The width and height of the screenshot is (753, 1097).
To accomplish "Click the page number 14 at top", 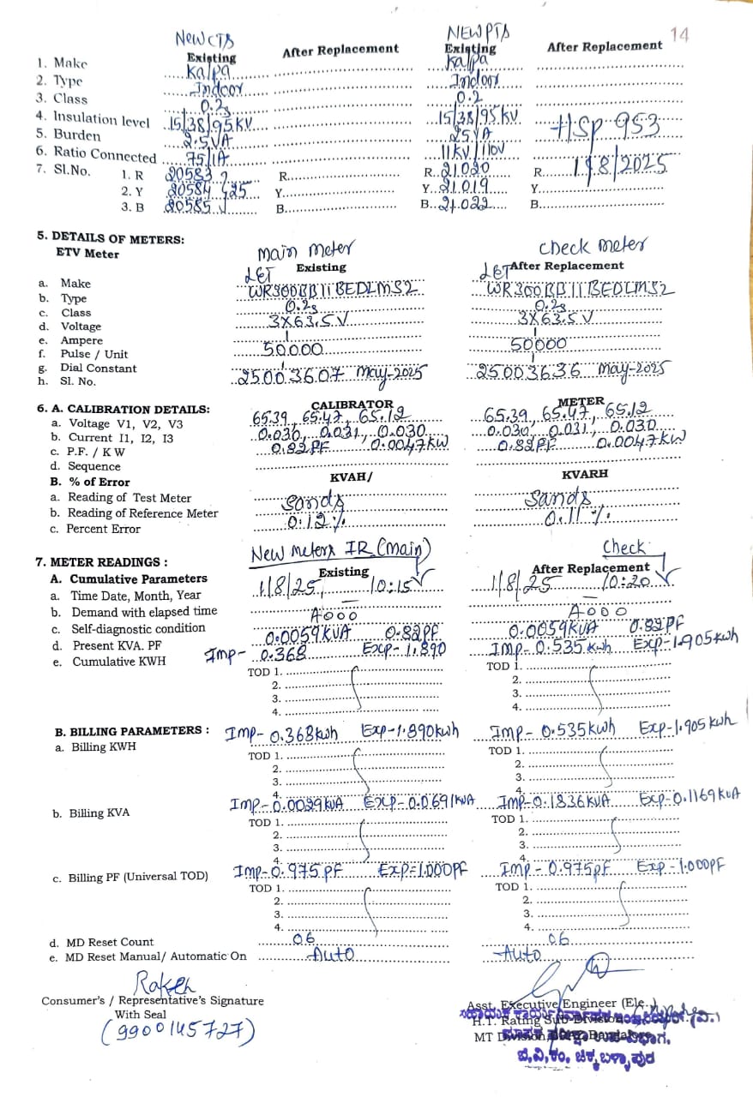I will click(679, 35).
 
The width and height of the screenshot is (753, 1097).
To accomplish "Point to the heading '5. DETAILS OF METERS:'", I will click(110, 239).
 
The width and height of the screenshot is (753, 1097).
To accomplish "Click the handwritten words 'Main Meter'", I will click(304, 250).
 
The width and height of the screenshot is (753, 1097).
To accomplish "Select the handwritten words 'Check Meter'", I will click(592, 246).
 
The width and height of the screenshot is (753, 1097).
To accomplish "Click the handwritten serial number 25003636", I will click(528, 372).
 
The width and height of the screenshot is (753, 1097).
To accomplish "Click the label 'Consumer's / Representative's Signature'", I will click(153, 1001).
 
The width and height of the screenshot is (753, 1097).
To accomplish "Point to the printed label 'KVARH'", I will click(585, 474).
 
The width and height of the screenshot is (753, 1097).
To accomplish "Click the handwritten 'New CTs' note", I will click(204, 39).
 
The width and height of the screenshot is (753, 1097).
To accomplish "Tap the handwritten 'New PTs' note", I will click(478, 33).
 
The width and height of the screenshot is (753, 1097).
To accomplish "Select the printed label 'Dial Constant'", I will click(98, 368).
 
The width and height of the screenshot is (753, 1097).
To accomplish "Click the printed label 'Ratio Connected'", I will click(105, 154).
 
